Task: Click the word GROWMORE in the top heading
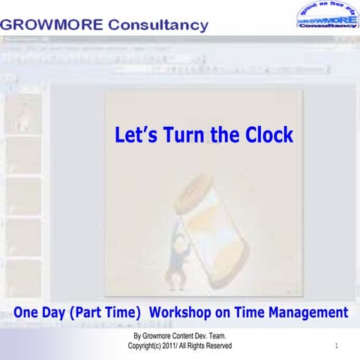(x=51, y=25)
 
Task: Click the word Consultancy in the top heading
(x=158, y=25)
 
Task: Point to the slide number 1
(x=337, y=346)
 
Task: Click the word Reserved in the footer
(x=217, y=346)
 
